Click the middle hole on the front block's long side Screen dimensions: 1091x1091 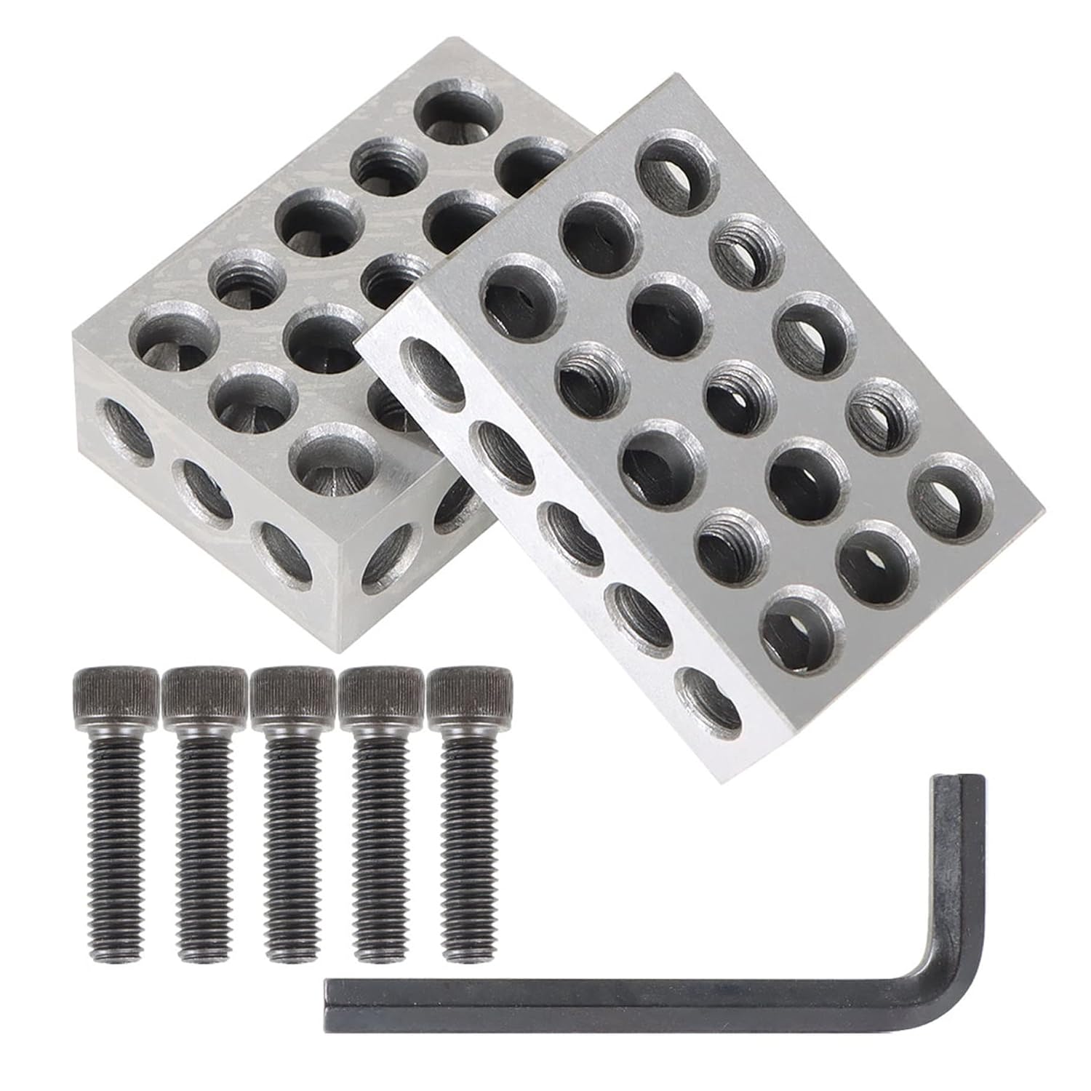coord(570,535)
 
